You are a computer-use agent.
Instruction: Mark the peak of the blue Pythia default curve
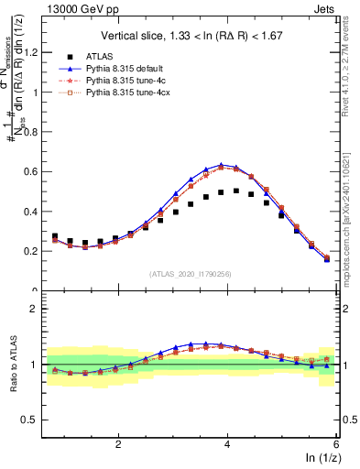pos(221,165)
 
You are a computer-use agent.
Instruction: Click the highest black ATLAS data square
pos(236,191)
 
